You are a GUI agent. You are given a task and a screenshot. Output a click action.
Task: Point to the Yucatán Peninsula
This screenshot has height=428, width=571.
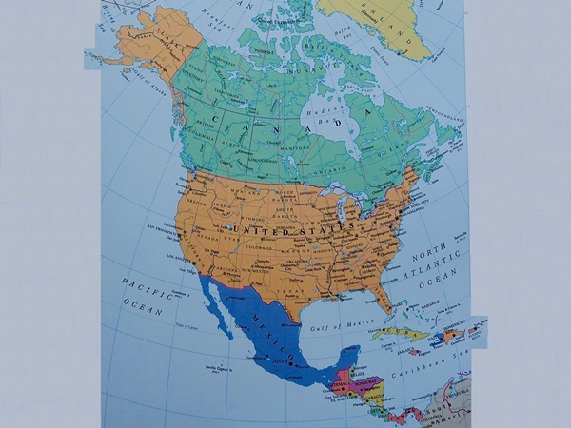click(338, 357)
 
